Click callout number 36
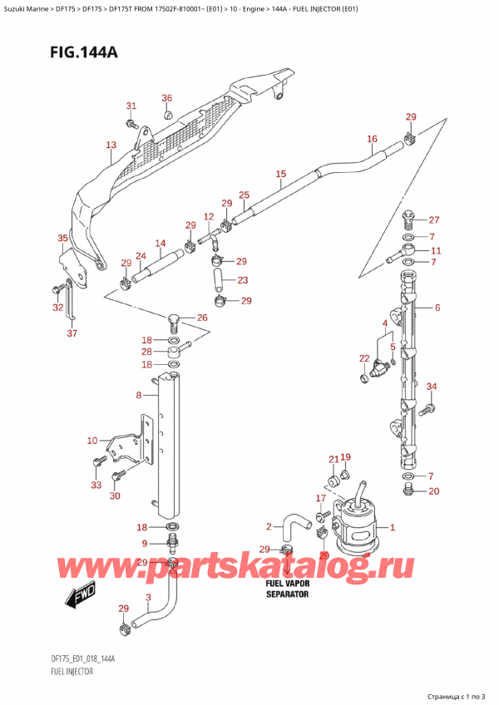[x=166, y=98]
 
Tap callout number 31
[x=131, y=106]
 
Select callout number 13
[x=111, y=145]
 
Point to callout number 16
[x=371, y=139]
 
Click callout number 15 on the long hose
[x=280, y=174]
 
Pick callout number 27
[x=432, y=220]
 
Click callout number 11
[x=436, y=250]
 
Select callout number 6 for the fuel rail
[x=437, y=308]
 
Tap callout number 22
[x=363, y=358]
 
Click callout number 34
[x=431, y=386]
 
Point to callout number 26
[x=201, y=318]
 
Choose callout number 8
[x=138, y=397]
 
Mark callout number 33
[x=95, y=486]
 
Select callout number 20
[x=432, y=491]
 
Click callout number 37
[x=72, y=333]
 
